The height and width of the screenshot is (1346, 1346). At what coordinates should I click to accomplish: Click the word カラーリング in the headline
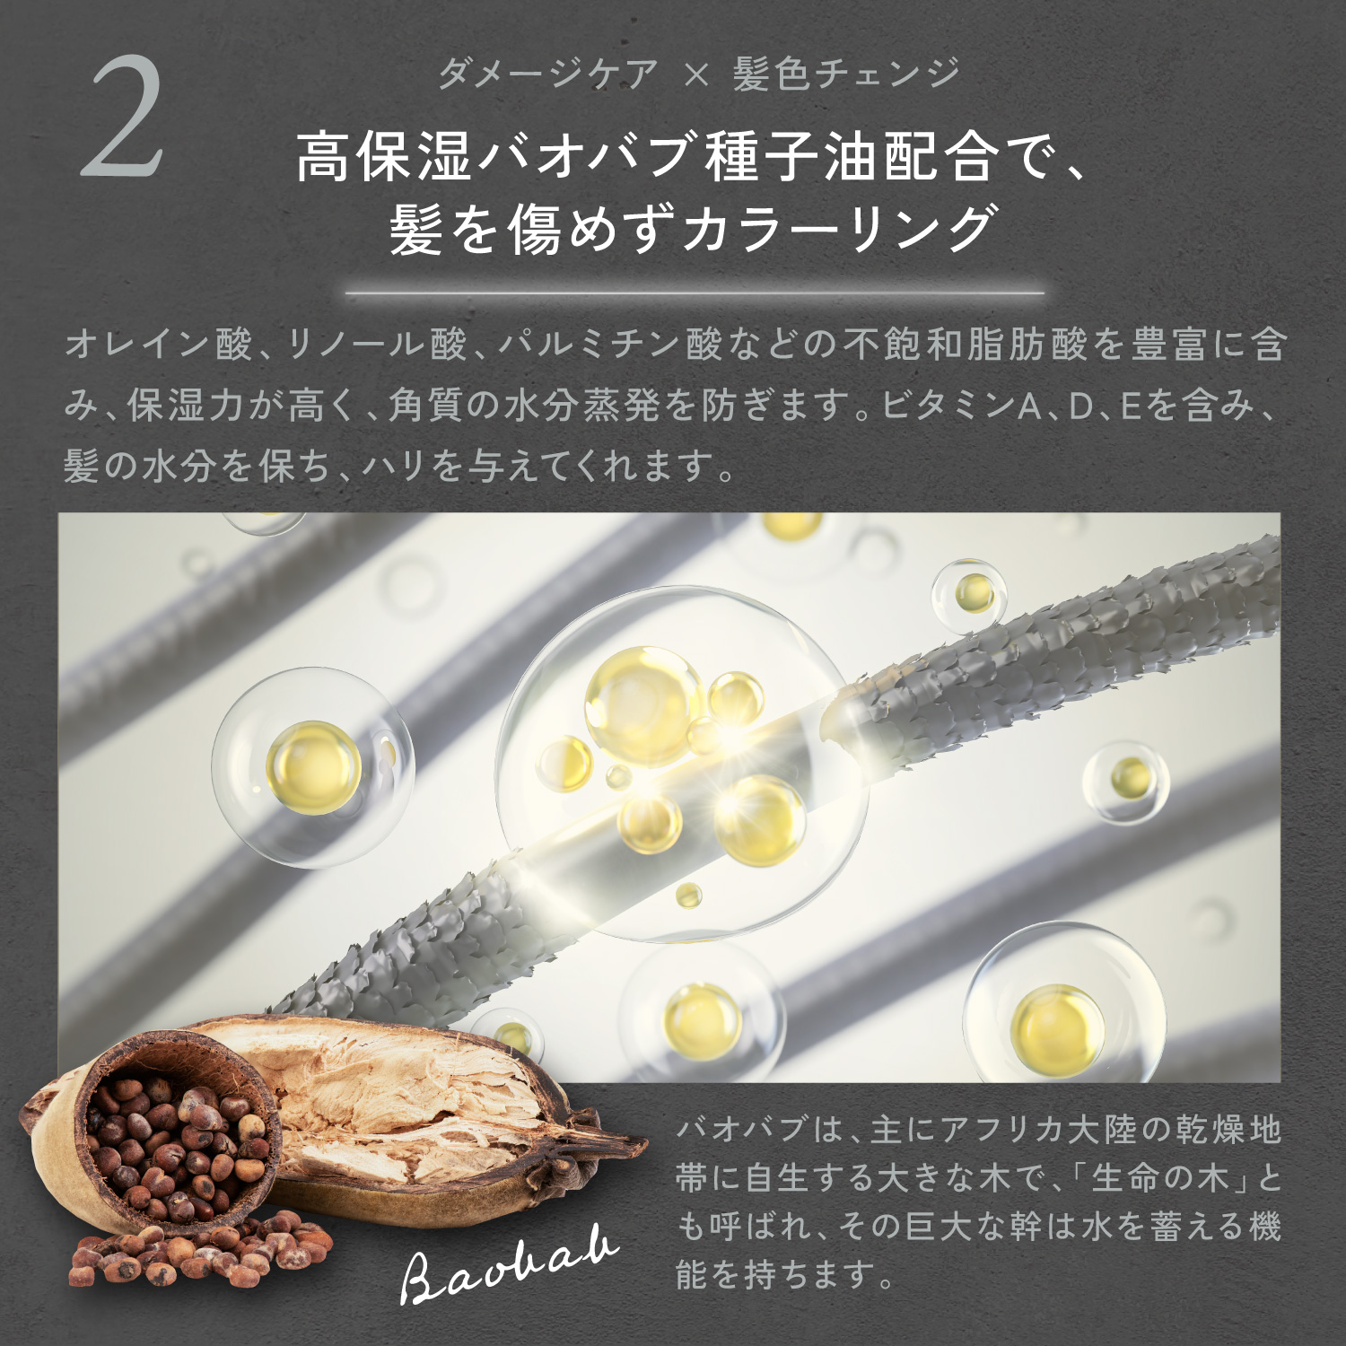coord(839,229)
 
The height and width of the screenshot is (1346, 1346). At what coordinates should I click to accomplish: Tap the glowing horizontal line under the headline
coord(695,293)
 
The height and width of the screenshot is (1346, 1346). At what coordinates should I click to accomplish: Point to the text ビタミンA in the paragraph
coord(960,406)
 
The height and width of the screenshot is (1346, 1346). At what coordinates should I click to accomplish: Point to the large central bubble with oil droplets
coord(677,763)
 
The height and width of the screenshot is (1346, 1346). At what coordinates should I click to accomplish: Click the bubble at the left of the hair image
coord(312,767)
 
